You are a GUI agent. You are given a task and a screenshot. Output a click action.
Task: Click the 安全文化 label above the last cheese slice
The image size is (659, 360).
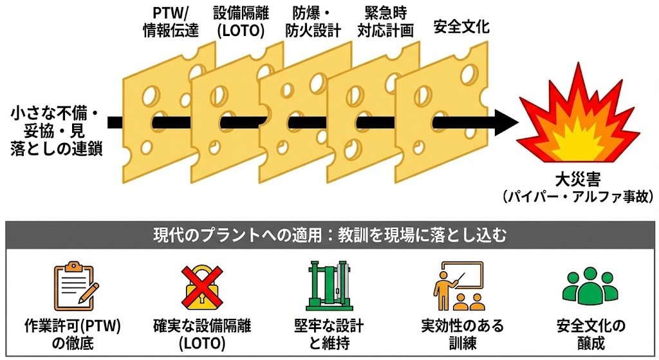pyautogui.click(x=461, y=28)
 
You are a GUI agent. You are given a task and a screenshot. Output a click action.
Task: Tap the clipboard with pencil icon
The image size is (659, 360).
pyautogui.click(x=75, y=285)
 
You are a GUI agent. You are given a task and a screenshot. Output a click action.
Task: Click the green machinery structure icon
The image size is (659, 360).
pyautogui.click(x=329, y=285)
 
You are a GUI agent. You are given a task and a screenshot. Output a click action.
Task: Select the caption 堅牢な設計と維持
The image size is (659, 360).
pyautogui.click(x=329, y=334)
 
